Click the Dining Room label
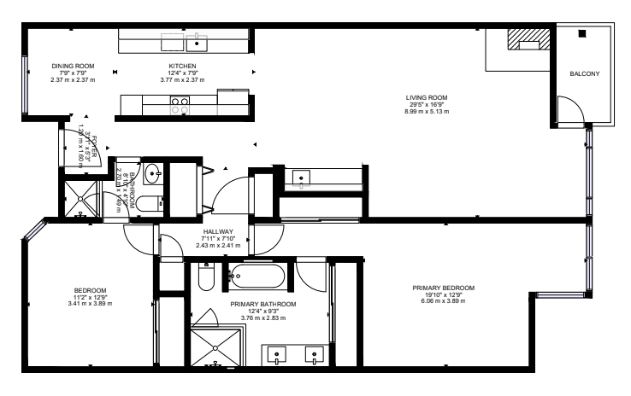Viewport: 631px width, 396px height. (73, 66)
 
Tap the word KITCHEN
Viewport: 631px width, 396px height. (182, 66)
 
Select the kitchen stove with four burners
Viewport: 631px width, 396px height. (180, 105)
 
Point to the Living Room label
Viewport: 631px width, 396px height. (426, 97)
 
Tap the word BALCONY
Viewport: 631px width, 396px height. (585, 74)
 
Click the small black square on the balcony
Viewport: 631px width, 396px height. (581, 34)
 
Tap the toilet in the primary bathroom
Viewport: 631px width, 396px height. (205, 279)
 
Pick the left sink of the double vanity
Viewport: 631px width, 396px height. (278, 354)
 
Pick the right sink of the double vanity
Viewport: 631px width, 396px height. (315, 354)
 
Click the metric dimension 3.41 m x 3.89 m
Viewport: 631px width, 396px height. (90, 303)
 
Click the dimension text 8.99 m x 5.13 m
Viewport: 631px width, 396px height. (426, 111)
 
